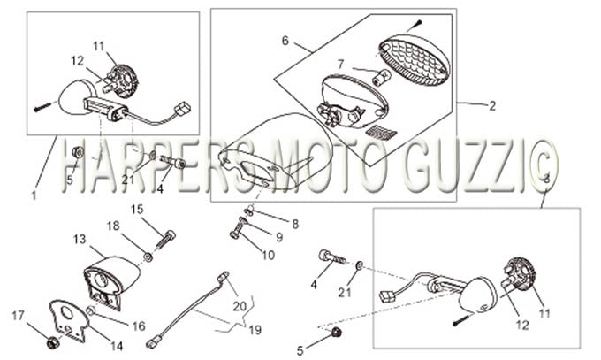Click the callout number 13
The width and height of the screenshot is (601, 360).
click(x=80, y=240)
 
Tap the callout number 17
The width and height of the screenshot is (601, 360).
click(x=18, y=316)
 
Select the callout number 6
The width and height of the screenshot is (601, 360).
click(x=285, y=41)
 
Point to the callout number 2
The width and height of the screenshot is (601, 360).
click(x=492, y=106)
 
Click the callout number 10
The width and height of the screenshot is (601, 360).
click(x=269, y=255)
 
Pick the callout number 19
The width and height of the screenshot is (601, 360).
click(x=255, y=330)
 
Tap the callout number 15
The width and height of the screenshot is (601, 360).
click(x=137, y=210)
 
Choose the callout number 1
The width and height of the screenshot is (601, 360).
click(x=34, y=195)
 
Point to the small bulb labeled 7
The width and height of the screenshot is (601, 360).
click(x=382, y=76)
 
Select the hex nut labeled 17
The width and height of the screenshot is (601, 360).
click(x=52, y=342)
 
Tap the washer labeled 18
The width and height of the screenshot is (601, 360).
click(x=148, y=257)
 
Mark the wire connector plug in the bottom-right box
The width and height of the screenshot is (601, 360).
click(x=387, y=297)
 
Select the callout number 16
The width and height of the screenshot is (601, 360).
click(x=139, y=326)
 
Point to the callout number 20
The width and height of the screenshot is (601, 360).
click(x=240, y=306)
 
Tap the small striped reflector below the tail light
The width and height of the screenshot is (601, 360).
click(x=382, y=133)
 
